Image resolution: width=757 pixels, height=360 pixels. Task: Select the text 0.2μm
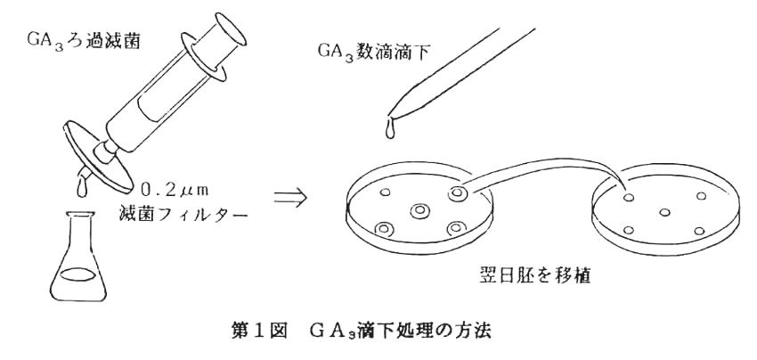(174, 190)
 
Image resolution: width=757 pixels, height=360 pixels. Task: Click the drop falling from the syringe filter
(79, 189)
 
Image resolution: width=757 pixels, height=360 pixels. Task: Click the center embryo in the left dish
(419, 211)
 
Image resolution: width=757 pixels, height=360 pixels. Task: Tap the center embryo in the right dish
(664, 212)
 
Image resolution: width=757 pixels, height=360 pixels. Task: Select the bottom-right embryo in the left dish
(457, 228)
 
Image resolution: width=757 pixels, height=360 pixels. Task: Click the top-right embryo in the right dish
(700, 196)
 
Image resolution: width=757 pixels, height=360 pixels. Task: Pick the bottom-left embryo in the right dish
(629, 230)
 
